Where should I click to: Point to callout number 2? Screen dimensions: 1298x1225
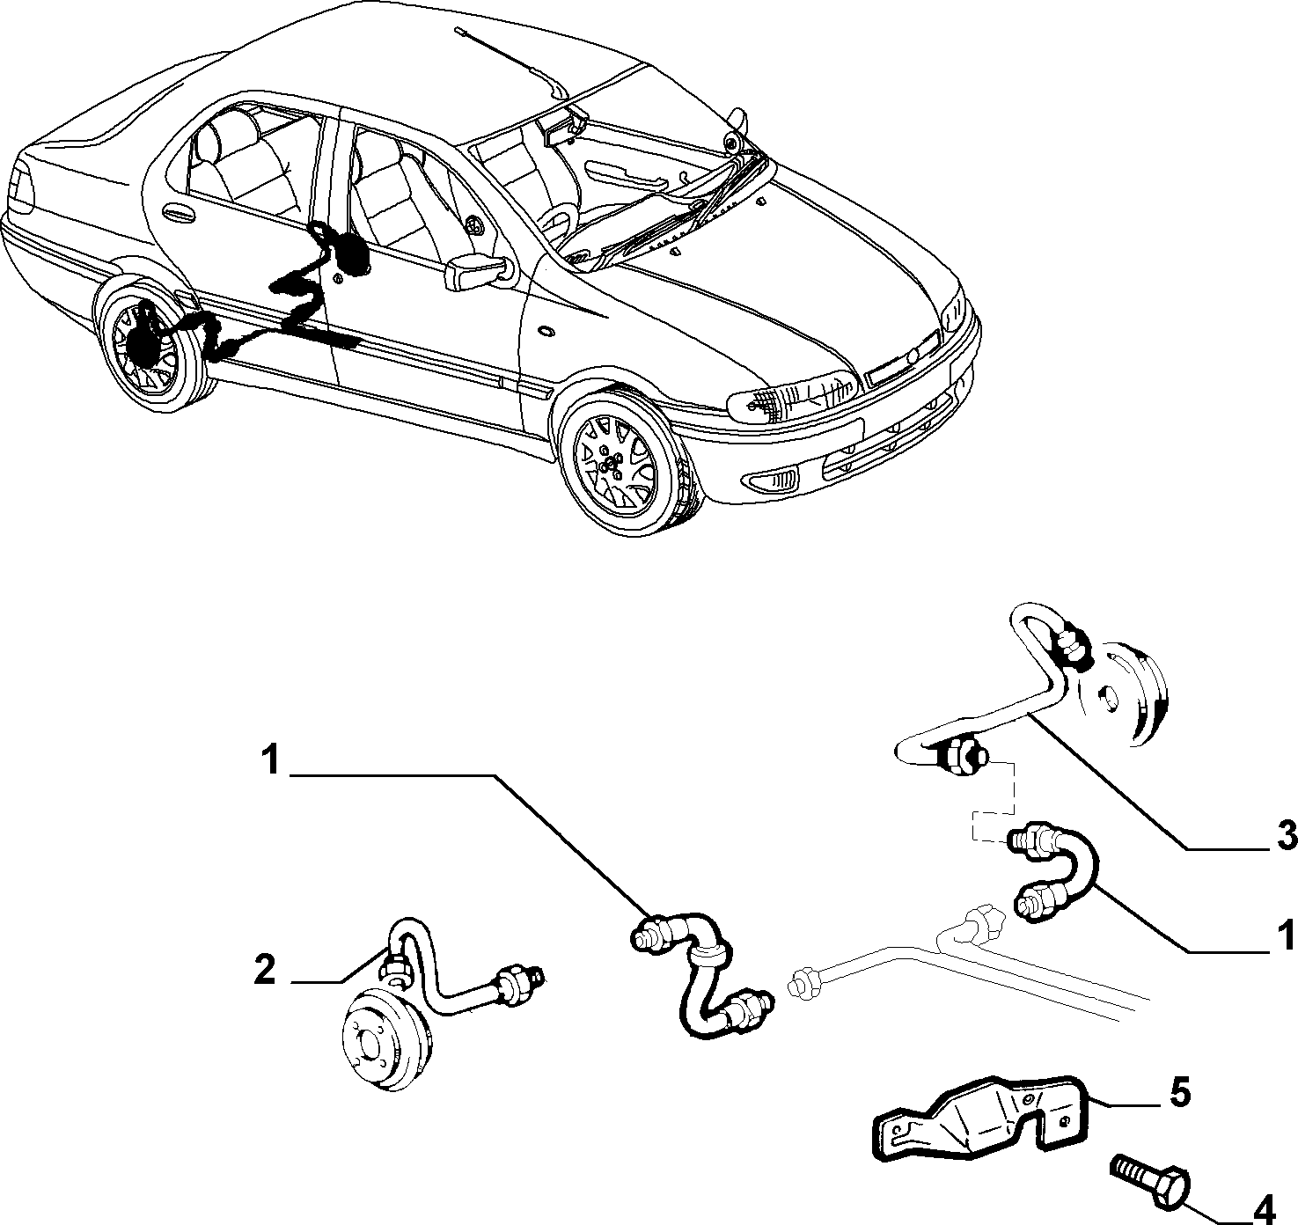click(265, 970)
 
